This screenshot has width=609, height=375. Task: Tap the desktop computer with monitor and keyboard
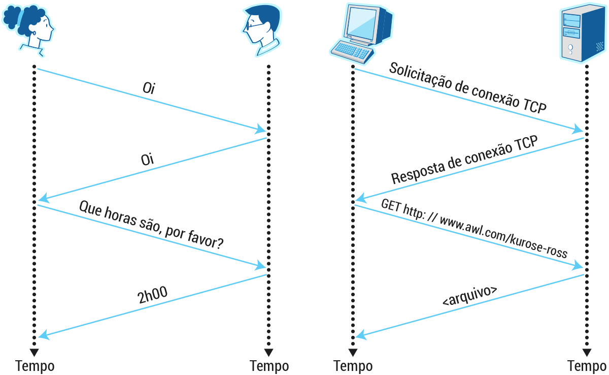361,32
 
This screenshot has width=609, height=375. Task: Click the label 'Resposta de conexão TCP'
464,161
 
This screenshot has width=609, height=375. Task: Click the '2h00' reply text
152,296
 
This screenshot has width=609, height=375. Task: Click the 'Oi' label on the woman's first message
149,88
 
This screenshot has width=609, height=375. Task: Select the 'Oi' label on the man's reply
147,160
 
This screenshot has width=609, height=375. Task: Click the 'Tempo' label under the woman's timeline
35,366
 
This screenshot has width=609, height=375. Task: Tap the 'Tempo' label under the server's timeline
587,366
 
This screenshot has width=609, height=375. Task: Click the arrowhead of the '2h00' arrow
43,335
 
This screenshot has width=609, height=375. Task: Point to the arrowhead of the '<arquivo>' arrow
360,335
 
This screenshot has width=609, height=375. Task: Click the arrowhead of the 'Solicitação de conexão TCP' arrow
578,129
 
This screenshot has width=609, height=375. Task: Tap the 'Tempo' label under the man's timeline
269,366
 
